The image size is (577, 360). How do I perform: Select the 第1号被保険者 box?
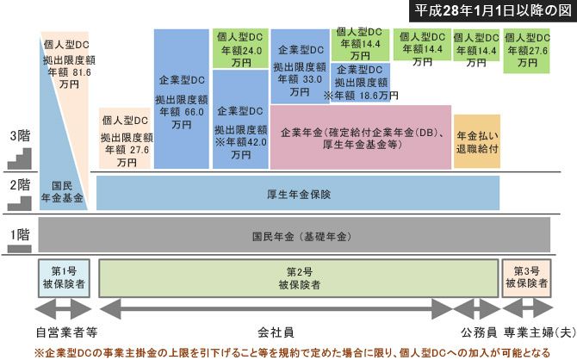(64, 277)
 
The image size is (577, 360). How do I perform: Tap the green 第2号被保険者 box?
(299, 277)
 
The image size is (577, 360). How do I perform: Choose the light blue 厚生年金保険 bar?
(323, 193)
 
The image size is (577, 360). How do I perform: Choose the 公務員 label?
(476, 331)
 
